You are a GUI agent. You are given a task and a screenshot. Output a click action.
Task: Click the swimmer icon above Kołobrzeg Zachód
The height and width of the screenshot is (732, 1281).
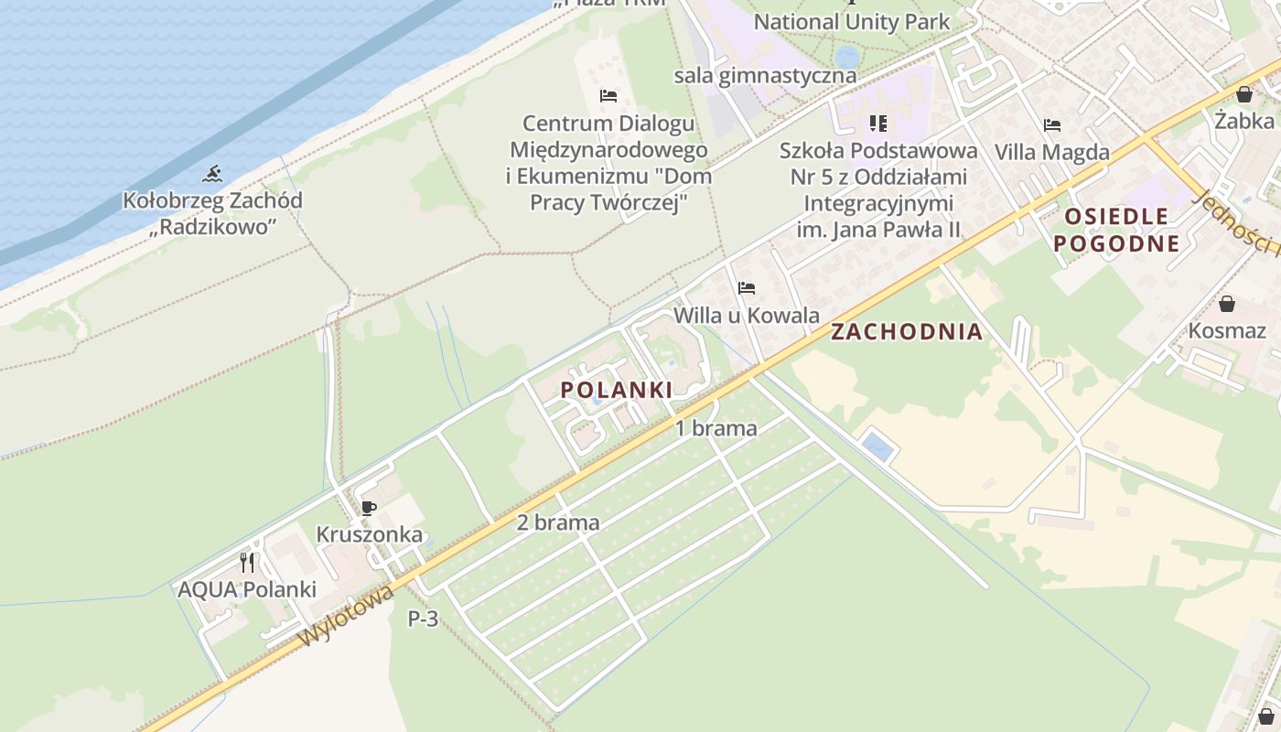coord(212,173)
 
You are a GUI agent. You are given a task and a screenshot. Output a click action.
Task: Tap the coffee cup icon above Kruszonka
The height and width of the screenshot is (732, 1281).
coord(369,508)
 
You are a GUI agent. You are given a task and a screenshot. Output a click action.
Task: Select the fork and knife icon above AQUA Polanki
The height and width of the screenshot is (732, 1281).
coord(247,562)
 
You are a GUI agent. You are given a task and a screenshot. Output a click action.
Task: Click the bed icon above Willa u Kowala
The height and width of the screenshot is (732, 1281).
coord(747,288)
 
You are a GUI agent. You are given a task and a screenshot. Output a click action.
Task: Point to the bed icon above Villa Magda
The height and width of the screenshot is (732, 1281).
coord(1052,125)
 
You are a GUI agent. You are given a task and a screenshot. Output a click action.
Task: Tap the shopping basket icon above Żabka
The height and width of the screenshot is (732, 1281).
coord(1244,93)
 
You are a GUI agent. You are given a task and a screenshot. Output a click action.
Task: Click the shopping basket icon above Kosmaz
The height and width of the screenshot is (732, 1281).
coord(1227,303)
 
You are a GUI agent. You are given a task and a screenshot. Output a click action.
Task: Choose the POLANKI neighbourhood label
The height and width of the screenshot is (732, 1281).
coord(617,390)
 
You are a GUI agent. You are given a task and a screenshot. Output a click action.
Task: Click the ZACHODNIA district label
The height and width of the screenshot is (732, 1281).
coord(907,332)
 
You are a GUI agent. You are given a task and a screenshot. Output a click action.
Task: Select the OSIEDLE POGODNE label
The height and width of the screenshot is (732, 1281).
coord(1116,230)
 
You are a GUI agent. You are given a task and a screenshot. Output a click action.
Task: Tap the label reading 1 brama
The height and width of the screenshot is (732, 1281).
coord(716,428)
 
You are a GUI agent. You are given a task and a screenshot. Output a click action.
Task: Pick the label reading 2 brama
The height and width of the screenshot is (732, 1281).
coord(558,522)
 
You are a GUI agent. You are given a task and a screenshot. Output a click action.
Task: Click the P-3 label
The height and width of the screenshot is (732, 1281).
coord(423,619)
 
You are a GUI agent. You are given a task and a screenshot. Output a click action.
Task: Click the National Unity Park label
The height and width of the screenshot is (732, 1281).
coord(852,21)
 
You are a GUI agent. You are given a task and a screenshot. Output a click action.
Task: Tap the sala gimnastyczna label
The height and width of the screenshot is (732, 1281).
coord(765,75)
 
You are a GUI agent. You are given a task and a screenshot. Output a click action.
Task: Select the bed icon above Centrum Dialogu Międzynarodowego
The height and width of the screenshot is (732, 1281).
coord(608,96)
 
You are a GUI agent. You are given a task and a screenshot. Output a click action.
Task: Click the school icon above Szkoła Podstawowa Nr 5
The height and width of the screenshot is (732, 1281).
coord(878,123)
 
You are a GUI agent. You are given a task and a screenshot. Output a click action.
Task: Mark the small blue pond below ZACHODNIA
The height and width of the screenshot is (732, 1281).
coord(878,447)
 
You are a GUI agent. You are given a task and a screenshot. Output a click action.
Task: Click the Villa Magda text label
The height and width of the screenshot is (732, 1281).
coord(1052,152)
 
